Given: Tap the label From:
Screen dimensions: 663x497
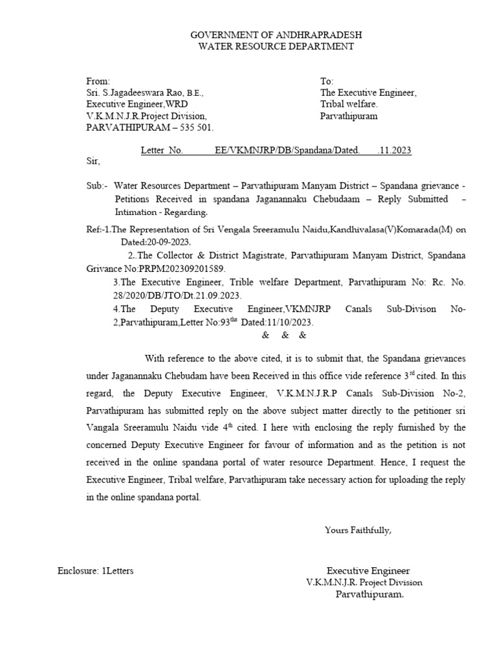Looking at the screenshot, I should click(98, 81).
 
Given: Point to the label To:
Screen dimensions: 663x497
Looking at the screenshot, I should click(327, 81).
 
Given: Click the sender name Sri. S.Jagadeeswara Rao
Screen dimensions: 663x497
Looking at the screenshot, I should click(136, 93).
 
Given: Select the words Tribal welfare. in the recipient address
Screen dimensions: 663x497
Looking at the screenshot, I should click(349, 104).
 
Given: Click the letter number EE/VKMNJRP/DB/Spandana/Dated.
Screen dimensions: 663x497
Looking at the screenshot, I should click(287, 151).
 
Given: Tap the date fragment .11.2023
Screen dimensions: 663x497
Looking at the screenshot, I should click(394, 151).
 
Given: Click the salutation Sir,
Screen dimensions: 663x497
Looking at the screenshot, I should click(94, 161).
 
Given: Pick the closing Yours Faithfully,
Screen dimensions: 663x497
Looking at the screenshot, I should click(358, 531).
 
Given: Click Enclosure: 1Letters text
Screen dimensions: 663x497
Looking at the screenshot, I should click(95, 570).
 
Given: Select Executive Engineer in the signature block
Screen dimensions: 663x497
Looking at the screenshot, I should click(368, 570).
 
